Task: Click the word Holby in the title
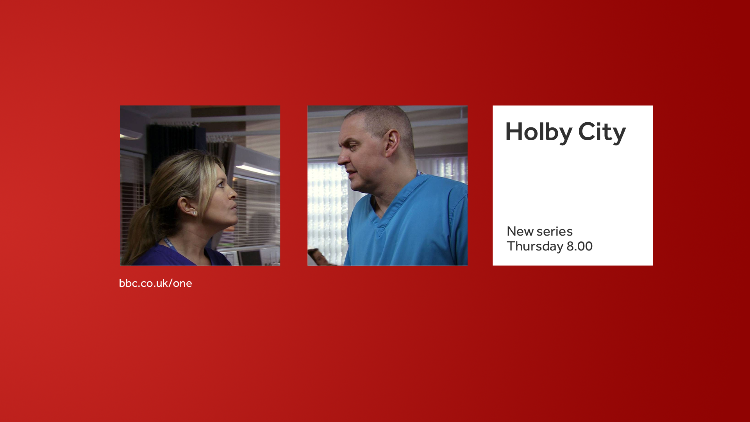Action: click(539, 132)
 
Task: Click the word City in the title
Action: click(602, 132)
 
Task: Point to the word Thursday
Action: click(535, 247)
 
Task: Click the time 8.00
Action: click(580, 247)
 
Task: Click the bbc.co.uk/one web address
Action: click(155, 283)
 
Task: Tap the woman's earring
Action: click(194, 213)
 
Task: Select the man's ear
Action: click(392, 143)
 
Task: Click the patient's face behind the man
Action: click(319, 257)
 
